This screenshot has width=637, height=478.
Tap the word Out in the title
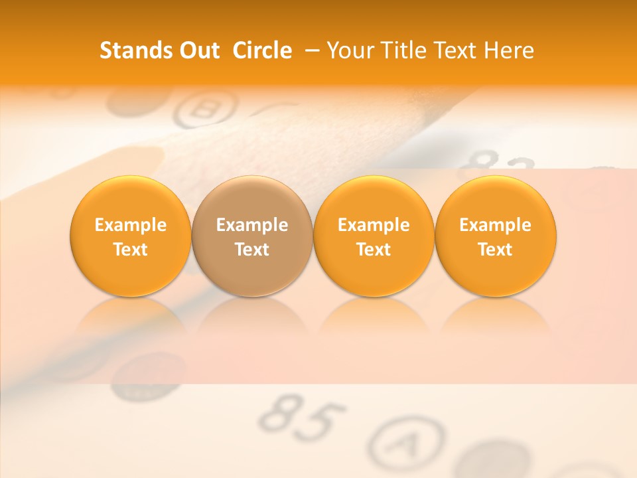click(x=198, y=50)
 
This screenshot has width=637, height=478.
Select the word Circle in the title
click(x=262, y=50)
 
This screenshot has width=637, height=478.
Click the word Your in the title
click(x=349, y=50)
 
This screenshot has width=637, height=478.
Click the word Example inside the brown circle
click(x=252, y=225)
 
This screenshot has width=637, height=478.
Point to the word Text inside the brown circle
click(x=252, y=250)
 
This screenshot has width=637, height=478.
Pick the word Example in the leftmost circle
click(x=131, y=225)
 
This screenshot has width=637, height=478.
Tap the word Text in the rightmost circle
click(x=496, y=250)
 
